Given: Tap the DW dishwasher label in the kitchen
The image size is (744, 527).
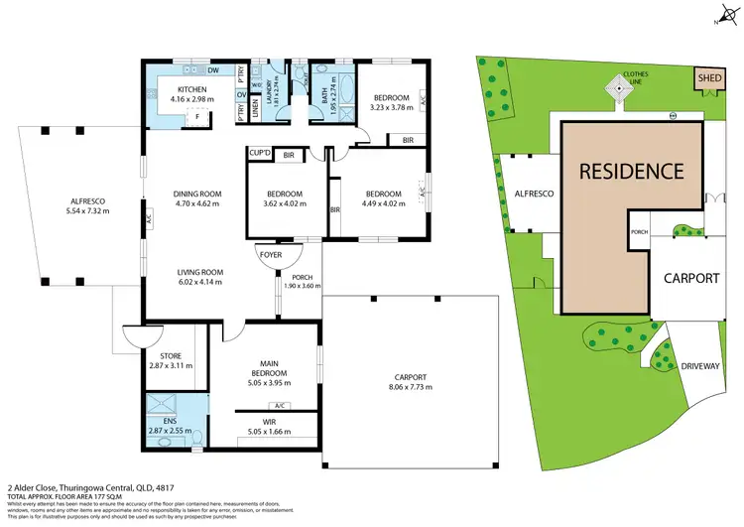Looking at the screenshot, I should click(214, 70).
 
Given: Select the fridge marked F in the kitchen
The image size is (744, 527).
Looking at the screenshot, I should click(197, 116).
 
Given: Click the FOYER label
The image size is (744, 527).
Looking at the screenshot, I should click(271, 254).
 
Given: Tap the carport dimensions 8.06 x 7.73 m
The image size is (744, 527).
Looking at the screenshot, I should click(411, 387).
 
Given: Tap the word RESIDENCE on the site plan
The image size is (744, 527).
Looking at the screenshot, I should click(631, 171).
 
